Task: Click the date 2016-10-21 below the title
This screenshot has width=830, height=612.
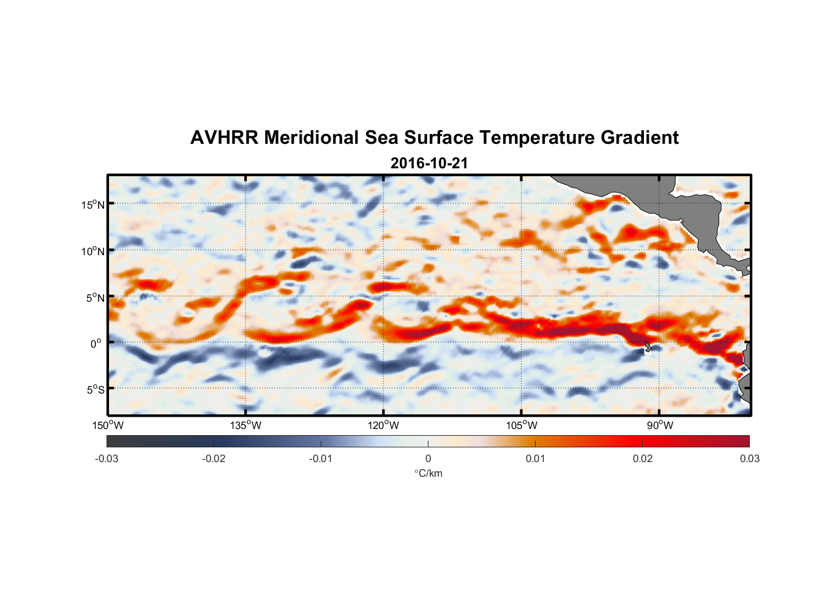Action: pos(429,163)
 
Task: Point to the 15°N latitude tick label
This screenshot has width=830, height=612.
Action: pos(93,204)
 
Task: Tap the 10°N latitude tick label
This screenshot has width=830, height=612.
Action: pos(93,251)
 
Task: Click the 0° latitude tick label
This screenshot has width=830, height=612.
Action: pos(96,343)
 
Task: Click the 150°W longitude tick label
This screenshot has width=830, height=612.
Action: pos(108,425)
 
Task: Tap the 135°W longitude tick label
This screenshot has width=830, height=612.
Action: pos(246,425)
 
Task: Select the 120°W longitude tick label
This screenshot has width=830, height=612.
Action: pos(384,425)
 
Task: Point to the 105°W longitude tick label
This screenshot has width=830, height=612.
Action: pos(522,425)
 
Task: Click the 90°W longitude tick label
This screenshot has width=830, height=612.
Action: pos(660,425)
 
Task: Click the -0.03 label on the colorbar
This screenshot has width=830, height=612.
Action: pos(107,458)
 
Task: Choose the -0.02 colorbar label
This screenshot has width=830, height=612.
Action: pos(214,458)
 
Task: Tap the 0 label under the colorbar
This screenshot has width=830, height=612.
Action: pos(428,458)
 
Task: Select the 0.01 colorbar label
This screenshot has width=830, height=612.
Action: pos(535,458)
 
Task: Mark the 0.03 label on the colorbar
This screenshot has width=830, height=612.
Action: pos(749,458)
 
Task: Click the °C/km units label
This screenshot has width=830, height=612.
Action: pos(428,473)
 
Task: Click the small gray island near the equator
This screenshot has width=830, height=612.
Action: pos(648,346)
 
